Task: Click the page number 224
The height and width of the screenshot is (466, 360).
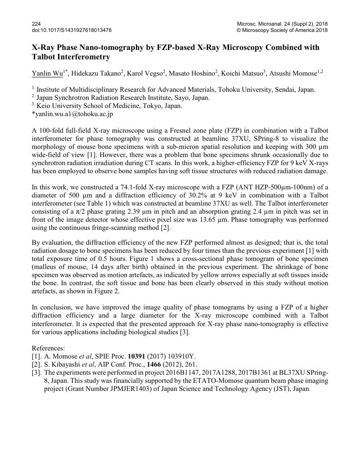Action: point(36,24)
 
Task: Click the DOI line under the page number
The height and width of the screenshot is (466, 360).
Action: point(72,30)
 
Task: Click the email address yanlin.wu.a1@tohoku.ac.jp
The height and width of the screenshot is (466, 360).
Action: point(74,114)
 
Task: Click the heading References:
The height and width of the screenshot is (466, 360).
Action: point(48,348)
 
